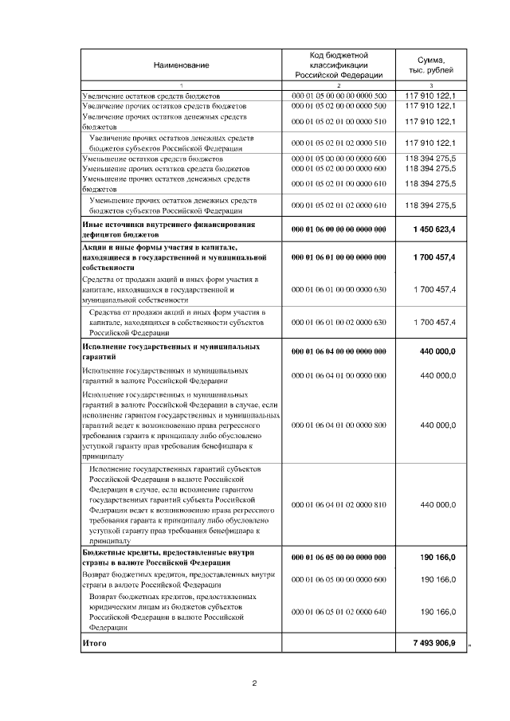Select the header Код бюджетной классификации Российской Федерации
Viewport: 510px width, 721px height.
pyautogui.click(x=339, y=64)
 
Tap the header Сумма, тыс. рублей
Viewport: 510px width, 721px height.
pyautogui.click(x=430, y=64)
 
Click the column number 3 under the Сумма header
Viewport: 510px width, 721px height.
pyautogui.click(x=430, y=85)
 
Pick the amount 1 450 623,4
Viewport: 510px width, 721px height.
pyautogui.click(x=434, y=229)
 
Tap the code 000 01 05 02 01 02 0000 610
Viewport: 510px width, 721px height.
pyautogui.click(x=339, y=206)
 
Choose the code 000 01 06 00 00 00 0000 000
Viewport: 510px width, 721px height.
pyautogui.click(x=339, y=229)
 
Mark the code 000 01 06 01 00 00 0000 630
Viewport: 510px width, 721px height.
pyautogui.click(x=339, y=290)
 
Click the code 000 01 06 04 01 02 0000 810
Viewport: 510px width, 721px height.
pyautogui.click(x=339, y=505)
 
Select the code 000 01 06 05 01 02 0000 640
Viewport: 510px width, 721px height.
pyautogui.click(x=339, y=612)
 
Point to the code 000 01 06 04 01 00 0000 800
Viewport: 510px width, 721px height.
pyautogui.click(x=339, y=425)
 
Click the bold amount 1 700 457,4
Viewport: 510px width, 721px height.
pyautogui.click(x=434, y=259)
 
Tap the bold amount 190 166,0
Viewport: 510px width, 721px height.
pyautogui.click(x=437, y=558)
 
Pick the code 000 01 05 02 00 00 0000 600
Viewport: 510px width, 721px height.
pyautogui.click(x=339, y=169)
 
